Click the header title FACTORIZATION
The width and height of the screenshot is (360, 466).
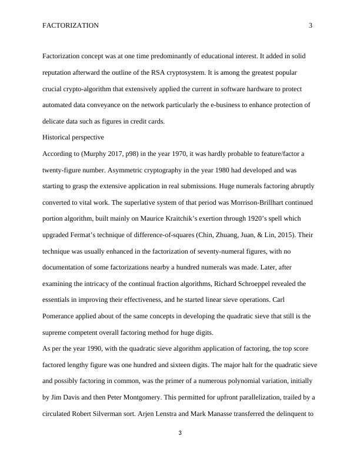pos(71,26)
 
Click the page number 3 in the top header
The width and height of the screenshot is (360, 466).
pos(310,26)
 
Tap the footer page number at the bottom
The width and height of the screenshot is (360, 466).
pos(180,434)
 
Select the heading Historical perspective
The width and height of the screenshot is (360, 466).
pos(74,137)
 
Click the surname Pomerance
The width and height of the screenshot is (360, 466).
pos(66,316)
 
